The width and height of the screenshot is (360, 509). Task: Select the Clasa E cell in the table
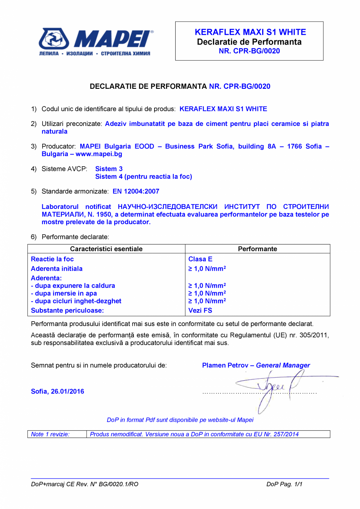200,259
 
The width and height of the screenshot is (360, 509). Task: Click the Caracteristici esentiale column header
106,249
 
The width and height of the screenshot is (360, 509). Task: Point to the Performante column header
257,249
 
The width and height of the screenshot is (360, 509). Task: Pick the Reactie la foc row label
52,259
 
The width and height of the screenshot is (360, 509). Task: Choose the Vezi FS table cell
200,311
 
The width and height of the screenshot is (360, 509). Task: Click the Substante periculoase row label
67,311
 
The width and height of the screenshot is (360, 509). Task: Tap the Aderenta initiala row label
57,269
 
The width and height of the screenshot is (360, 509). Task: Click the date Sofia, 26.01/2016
58,391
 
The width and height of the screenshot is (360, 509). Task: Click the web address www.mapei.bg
99,154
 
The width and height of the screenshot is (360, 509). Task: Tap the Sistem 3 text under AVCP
109,169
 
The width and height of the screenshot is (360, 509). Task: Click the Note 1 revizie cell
50,434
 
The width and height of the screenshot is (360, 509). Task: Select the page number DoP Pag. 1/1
284,484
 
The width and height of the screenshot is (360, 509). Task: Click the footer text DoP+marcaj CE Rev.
85,484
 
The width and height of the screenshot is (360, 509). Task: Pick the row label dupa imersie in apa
64,293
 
